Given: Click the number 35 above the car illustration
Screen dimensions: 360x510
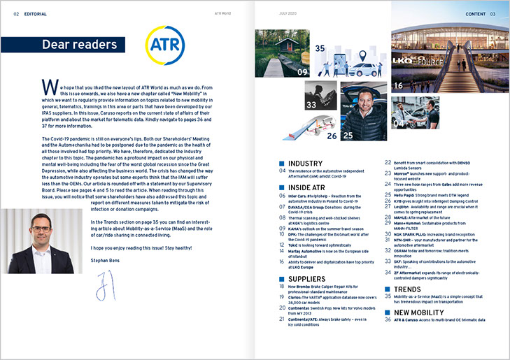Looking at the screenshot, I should tap(320, 50).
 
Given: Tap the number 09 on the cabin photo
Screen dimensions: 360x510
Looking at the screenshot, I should tap(302, 71).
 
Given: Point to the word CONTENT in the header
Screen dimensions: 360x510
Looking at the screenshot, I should tap(475, 13).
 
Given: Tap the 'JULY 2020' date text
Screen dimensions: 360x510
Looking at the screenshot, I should tap(289, 13).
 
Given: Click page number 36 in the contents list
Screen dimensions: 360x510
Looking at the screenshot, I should tap(388, 319).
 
